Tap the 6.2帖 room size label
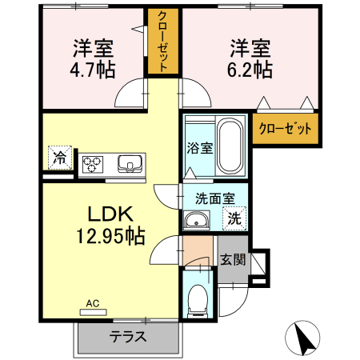point(251,69)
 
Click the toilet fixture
point(197,301)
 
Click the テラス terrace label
point(127,337)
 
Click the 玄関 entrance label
point(233,259)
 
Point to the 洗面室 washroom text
point(214,195)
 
